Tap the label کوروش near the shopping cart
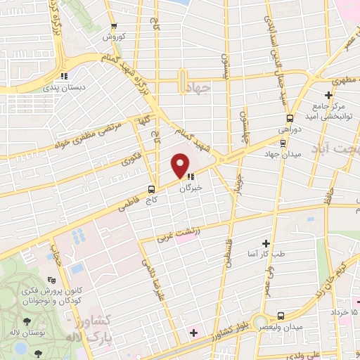coord(113,37)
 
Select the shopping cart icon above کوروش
coord(113,27)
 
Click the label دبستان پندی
coord(63,87)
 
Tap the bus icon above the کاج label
coord(151,189)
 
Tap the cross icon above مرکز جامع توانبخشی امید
coord(328,95)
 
